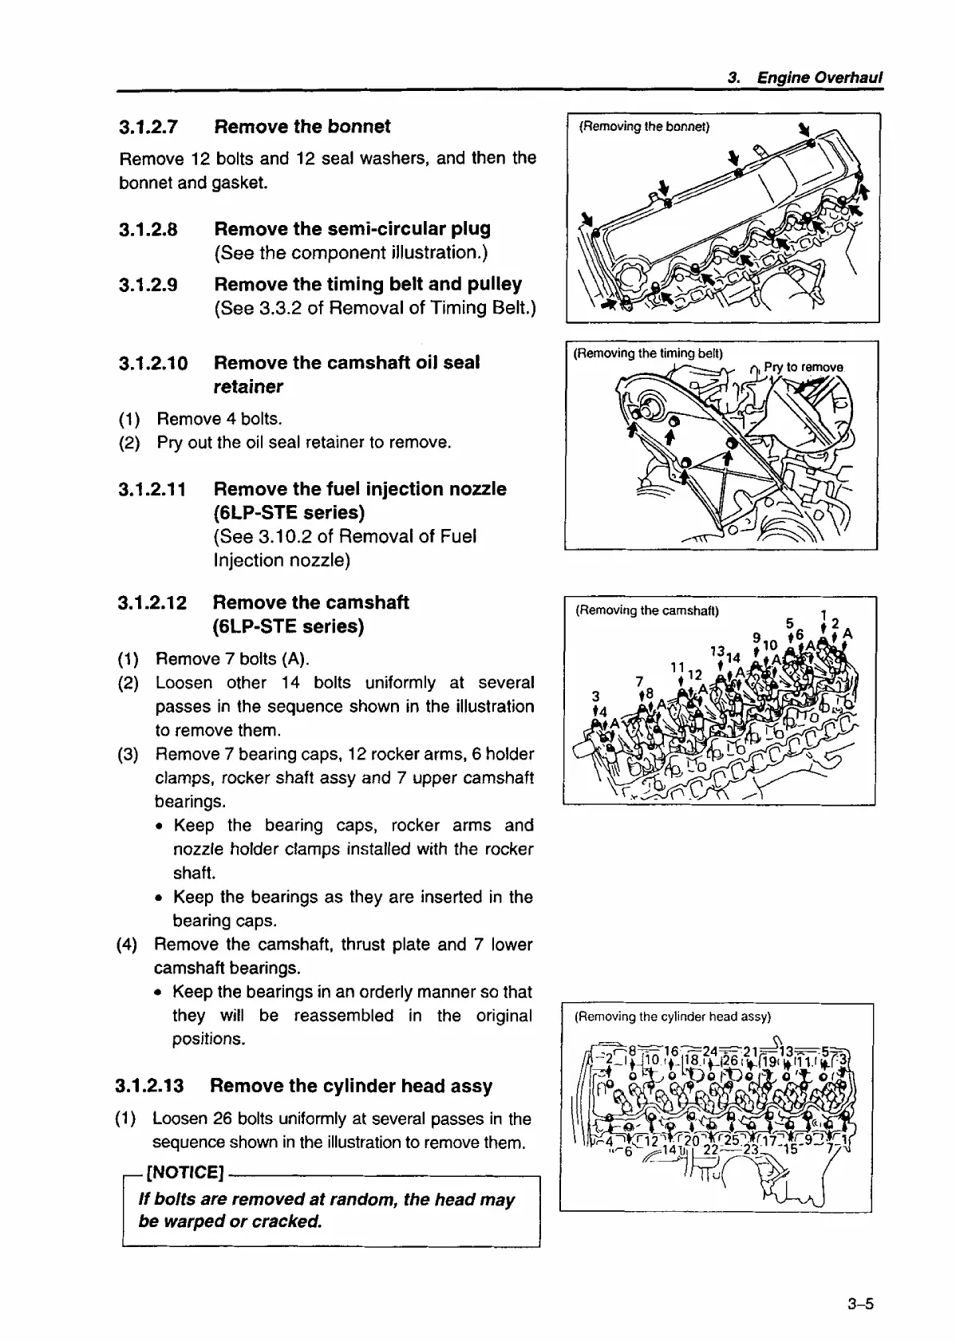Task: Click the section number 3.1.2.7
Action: coord(148,128)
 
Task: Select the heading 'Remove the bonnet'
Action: coord(302,127)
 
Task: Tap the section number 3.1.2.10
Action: coord(153,364)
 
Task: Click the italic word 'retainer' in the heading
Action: coord(248,387)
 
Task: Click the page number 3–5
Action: coord(862,1305)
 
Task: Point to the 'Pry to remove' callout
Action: coord(803,368)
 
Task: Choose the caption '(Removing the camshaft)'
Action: coord(647,611)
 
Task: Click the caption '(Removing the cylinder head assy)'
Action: coord(672,1016)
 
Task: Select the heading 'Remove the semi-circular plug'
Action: coord(352,229)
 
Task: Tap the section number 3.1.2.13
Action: coord(149,1087)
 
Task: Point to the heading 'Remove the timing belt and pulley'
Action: coord(368,285)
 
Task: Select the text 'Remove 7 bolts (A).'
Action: coord(232,659)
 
